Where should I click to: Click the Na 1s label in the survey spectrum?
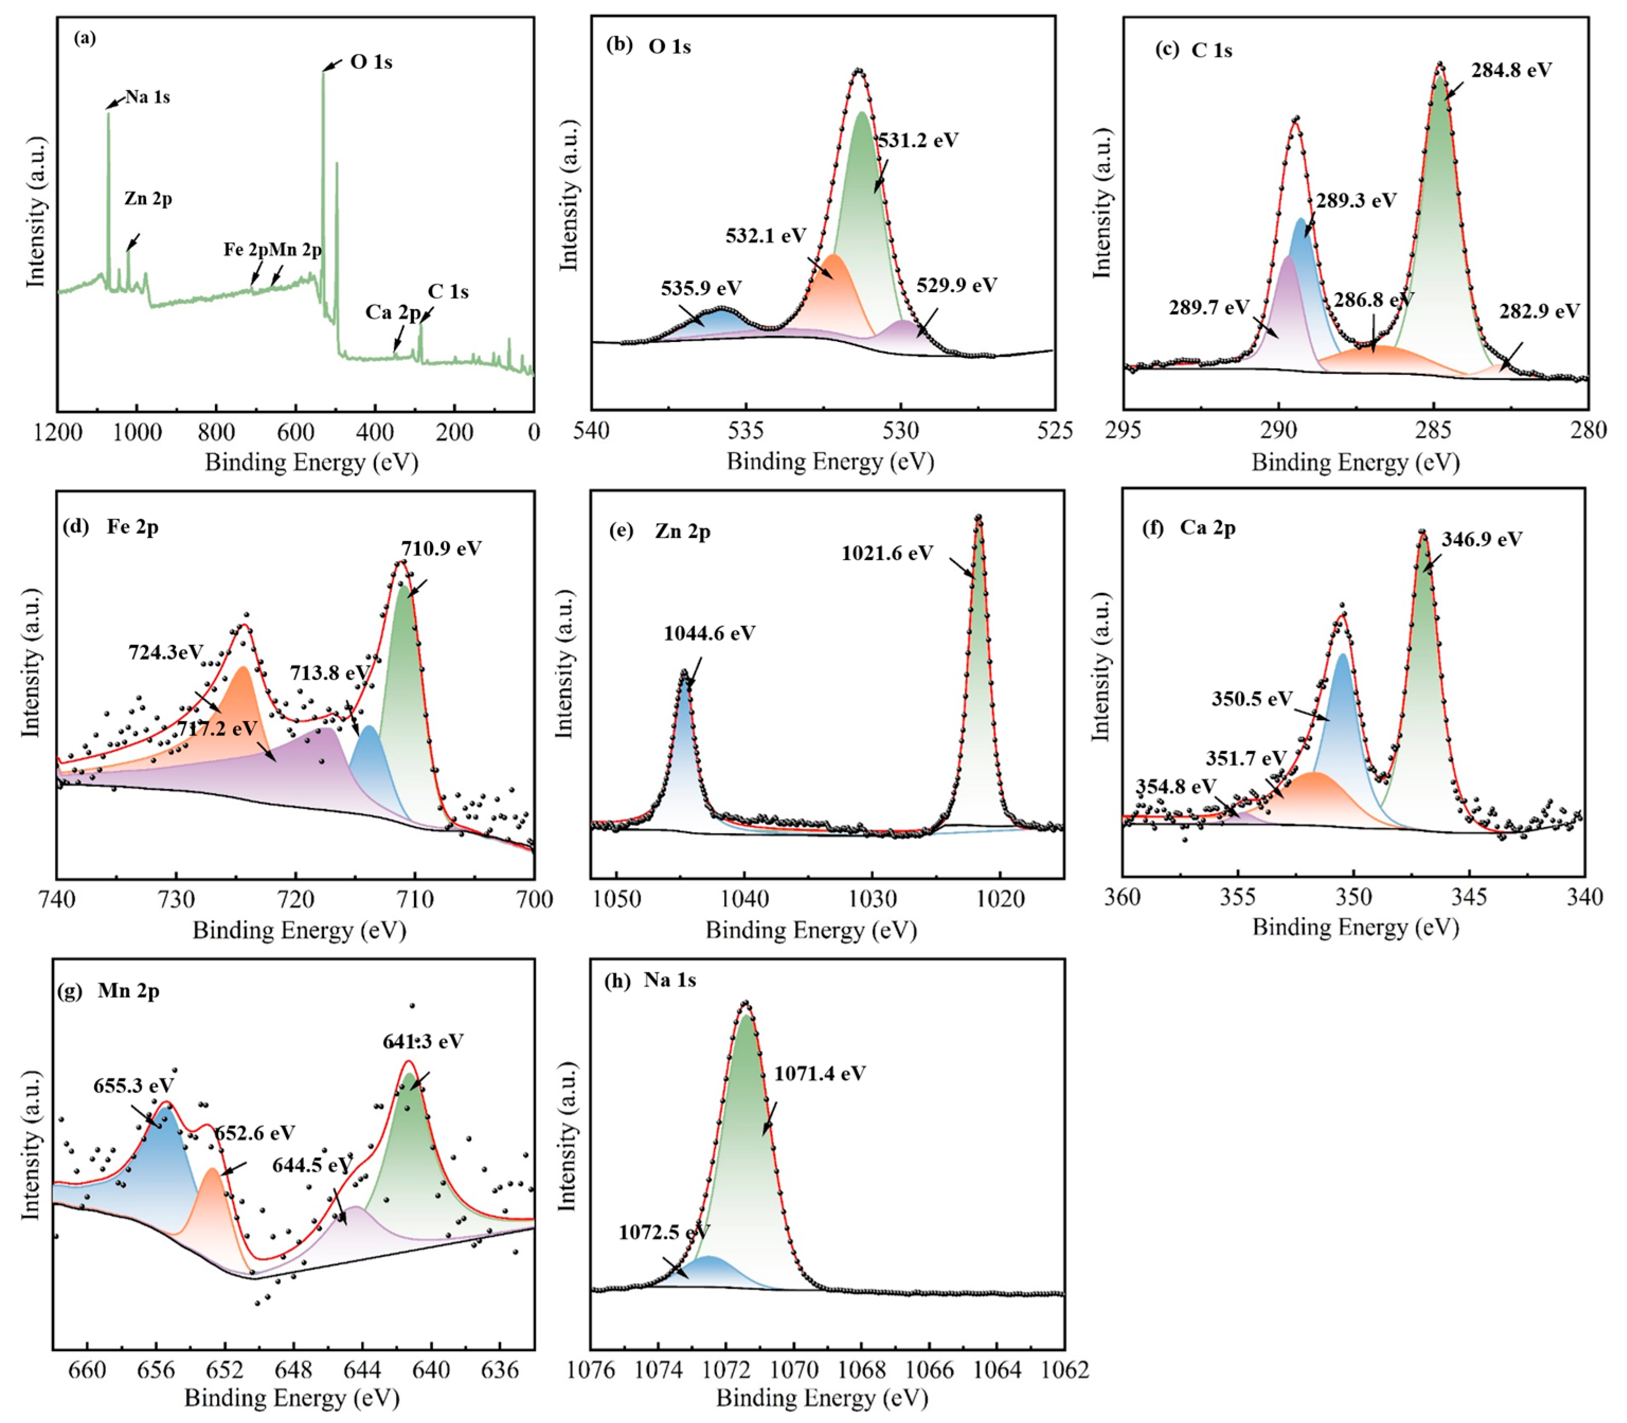[x=148, y=97]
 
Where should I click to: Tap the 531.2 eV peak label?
[x=918, y=141]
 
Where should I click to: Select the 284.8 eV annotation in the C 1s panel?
[x=1511, y=70]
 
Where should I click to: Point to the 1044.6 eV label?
[x=709, y=634]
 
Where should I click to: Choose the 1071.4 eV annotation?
[x=820, y=1074]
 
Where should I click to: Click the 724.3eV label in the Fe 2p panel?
[x=166, y=653]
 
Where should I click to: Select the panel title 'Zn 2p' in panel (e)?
[x=682, y=532]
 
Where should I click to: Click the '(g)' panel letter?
[x=70, y=992]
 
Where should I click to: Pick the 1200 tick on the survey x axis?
[x=57, y=433]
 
